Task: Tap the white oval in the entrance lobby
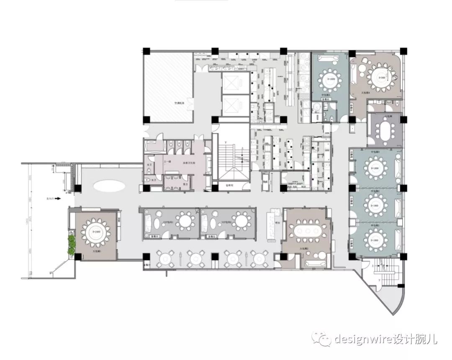point(110,185)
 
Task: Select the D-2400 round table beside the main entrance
point(96,232)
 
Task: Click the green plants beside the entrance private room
point(72,245)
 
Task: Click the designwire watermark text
point(385,339)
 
